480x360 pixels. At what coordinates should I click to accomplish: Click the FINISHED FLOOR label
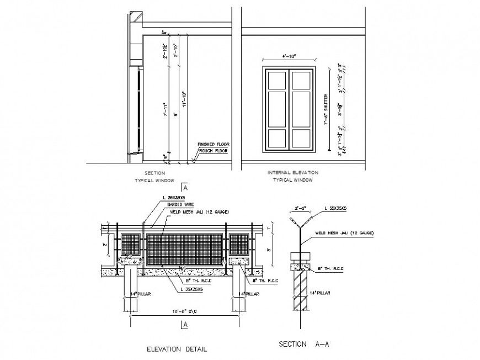pyautogui.click(x=214, y=144)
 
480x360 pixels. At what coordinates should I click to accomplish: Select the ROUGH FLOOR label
pyautogui.click(x=213, y=150)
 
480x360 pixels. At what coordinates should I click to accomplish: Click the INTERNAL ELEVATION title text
pyautogui.click(x=293, y=173)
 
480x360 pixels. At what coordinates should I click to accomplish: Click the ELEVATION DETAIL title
pyautogui.click(x=177, y=349)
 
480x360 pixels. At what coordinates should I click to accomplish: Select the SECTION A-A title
pyautogui.click(x=301, y=343)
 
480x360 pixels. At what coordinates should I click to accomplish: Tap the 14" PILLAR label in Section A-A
pyautogui.click(x=320, y=293)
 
